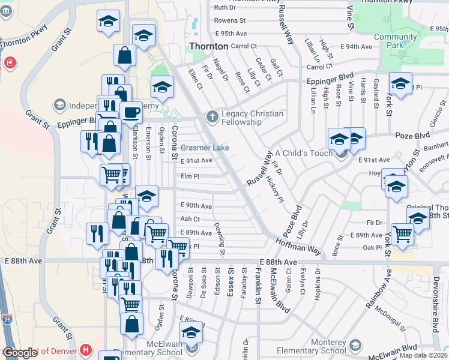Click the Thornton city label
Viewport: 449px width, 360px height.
[x=208, y=46]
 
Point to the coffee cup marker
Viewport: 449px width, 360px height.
[x=131, y=112]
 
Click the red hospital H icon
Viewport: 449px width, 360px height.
[x=86, y=349]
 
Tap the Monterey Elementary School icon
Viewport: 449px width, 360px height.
[x=356, y=345]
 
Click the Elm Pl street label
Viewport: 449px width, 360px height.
[x=190, y=176]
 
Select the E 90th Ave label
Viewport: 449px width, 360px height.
[x=196, y=206]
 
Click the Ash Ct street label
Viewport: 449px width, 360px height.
[x=190, y=220]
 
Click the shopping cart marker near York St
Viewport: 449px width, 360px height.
[x=402, y=234]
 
